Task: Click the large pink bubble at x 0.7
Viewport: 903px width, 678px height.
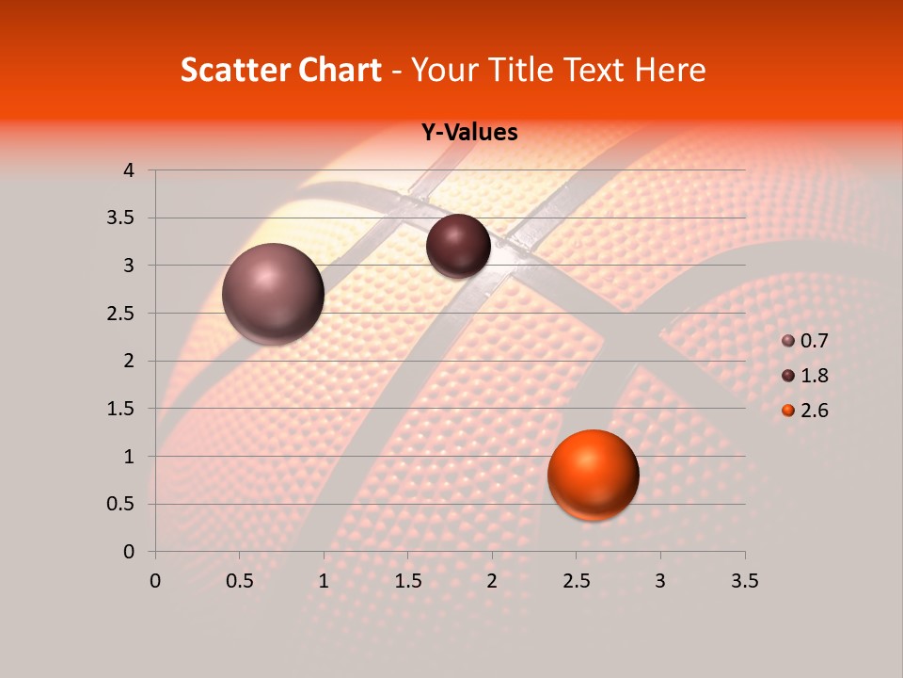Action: tap(273, 294)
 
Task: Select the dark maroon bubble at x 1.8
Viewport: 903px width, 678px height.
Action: tap(458, 246)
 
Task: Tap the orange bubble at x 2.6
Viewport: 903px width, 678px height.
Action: tap(593, 475)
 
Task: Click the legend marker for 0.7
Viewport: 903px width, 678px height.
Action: tap(788, 341)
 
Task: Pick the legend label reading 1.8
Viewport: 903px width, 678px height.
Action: tap(815, 376)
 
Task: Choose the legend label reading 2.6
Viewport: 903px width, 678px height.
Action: tap(815, 411)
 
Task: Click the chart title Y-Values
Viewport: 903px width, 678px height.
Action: tap(469, 133)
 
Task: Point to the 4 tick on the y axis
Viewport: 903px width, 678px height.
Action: tap(129, 170)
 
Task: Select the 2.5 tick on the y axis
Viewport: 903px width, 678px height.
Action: tap(122, 314)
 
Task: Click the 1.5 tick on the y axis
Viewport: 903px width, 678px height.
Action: tap(122, 409)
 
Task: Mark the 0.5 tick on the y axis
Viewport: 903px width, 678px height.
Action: tap(122, 504)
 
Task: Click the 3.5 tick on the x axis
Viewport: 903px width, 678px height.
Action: tap(744, 581)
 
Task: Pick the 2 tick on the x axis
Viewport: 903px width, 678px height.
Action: tap(492, 581)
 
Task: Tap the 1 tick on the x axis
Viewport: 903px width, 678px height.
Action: tap(324, 581)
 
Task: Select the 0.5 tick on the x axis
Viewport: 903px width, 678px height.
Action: tap(240, 581)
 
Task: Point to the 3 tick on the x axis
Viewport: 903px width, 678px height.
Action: tap(660, 581)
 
